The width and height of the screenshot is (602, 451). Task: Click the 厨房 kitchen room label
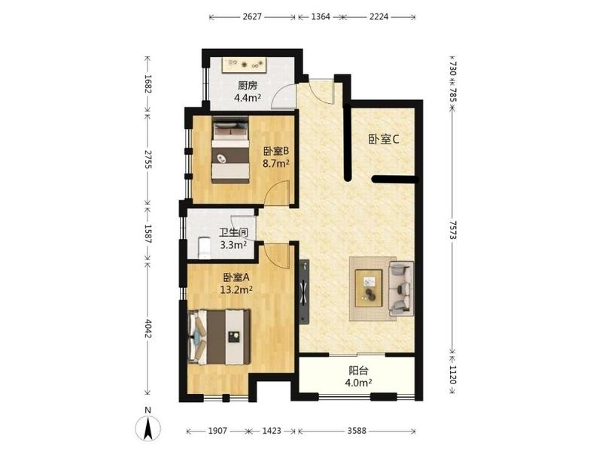pos(248,86)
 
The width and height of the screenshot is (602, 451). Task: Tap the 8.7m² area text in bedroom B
pos(275,164)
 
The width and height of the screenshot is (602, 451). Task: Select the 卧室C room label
pos(384,139)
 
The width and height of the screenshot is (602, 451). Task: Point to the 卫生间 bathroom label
pos(233,232)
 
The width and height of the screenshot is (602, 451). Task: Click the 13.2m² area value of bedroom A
pos(236,289)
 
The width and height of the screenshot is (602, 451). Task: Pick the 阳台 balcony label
pos(359,371)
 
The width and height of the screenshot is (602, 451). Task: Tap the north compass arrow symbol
pos(148,428)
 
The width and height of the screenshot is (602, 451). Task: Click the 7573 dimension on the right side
pos(454,230)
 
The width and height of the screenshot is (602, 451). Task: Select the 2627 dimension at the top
pos(252,17)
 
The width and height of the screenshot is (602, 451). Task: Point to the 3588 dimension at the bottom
pos(357,431)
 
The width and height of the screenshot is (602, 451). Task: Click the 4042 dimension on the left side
pos(148,328)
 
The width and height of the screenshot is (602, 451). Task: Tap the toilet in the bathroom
pos(204,247)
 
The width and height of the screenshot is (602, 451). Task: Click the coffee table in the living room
pos(369,288)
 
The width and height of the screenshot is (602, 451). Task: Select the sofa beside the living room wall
pos(401,289)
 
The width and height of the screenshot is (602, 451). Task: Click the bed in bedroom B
pos(230,150)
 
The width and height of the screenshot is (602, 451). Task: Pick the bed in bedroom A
pos(219,337)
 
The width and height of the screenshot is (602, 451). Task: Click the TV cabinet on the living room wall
pos(304,292)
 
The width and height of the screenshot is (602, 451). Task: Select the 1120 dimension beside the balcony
pos(454,374)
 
